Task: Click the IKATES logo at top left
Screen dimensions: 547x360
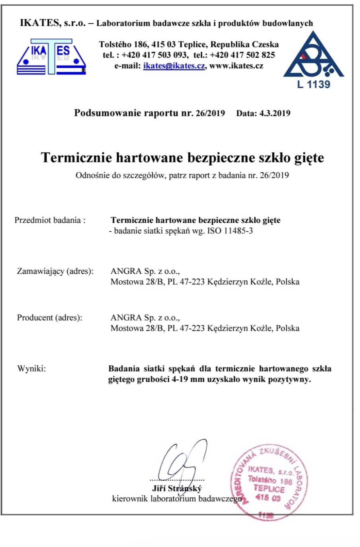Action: tap(51, 57)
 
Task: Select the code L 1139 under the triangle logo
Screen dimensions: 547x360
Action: tap(313, 84)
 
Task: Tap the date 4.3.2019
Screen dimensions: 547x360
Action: tap(275, 113)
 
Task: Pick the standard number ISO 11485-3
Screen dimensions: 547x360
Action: tap(230, 231)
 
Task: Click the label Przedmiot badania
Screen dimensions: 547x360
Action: tap(49, 220)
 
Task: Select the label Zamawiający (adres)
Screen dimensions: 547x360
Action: tap(55, 271)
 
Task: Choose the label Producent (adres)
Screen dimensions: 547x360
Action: tap(49, 318)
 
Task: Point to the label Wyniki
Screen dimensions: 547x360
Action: tap(31, 369)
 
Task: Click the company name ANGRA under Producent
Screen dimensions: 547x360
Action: tap(126, 318)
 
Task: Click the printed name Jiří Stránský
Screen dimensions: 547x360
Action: tap(177, 488)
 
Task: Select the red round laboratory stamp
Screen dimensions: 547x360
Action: tap(266, 482)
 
